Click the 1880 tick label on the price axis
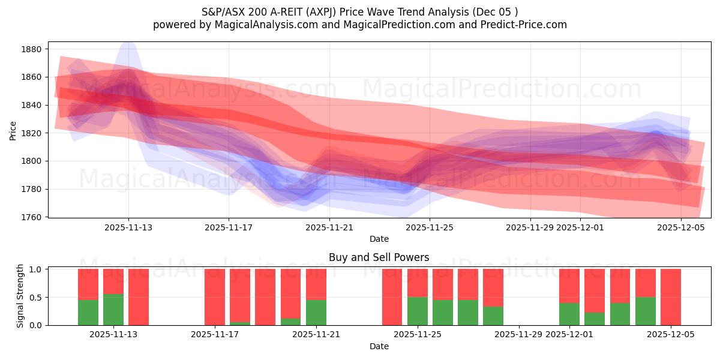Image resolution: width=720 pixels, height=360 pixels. [31, 49]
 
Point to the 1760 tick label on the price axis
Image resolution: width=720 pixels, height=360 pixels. [31, 217]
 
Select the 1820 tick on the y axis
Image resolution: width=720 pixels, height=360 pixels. [31, 133]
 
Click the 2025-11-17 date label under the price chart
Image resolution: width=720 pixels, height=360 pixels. [228, 227]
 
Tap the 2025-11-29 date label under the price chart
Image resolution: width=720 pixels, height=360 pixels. [530, 227]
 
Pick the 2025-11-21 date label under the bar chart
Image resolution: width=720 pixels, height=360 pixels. [316, 335]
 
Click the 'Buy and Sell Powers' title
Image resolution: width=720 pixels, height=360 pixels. [379, 257]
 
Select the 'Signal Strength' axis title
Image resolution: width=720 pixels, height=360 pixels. [20, 296]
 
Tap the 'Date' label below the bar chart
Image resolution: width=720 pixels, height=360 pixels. [379, 346]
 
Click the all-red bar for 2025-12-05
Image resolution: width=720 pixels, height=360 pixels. [671, 296]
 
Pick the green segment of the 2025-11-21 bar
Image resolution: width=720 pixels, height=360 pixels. [316, 312]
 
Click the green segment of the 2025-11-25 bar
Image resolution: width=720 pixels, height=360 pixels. [418, 311]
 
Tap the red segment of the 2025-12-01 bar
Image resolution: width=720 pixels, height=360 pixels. [569, 286]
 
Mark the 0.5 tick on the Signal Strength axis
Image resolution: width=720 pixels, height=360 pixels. [35, 297]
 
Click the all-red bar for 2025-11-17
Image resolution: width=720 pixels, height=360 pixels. [215, 296]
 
